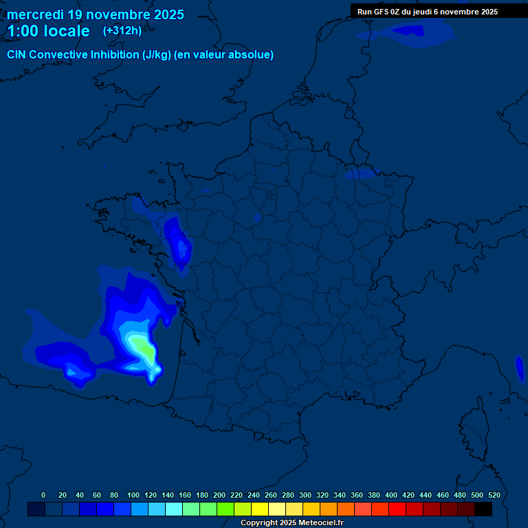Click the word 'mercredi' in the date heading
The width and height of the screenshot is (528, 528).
36,14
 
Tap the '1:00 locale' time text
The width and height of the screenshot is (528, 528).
48,32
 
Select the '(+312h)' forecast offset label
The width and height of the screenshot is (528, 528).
123,31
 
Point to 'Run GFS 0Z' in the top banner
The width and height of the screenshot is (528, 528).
378,11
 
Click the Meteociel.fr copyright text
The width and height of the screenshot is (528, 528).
291,522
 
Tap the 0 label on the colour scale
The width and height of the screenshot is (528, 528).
43,495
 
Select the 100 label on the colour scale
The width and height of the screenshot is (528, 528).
133,495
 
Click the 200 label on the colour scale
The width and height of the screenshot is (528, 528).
219,495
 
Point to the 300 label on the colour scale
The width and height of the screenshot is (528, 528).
305,495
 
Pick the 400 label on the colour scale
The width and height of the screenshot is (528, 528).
391,495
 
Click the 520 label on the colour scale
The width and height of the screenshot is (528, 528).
494,495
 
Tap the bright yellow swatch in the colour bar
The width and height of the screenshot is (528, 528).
260,509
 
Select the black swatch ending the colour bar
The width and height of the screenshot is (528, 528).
483,509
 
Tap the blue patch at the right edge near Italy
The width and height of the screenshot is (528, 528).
520,368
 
